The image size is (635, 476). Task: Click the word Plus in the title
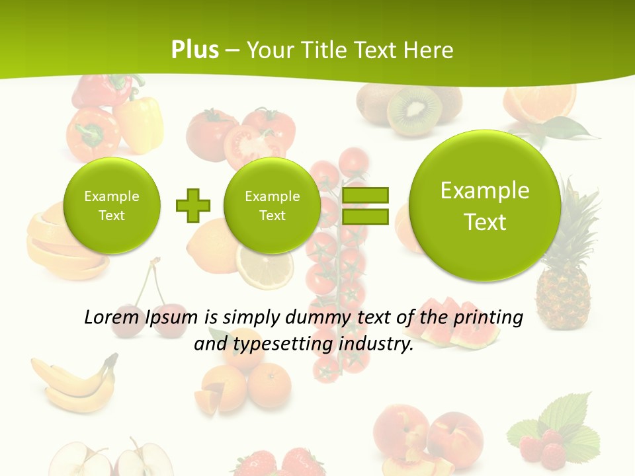194,50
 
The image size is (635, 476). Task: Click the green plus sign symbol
193,206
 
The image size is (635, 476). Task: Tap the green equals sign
365,206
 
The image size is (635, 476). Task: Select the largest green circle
485,206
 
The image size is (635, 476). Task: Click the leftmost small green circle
112,206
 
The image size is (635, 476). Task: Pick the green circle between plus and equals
272,206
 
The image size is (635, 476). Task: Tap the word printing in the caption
488,318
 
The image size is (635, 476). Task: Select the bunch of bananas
73,383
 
